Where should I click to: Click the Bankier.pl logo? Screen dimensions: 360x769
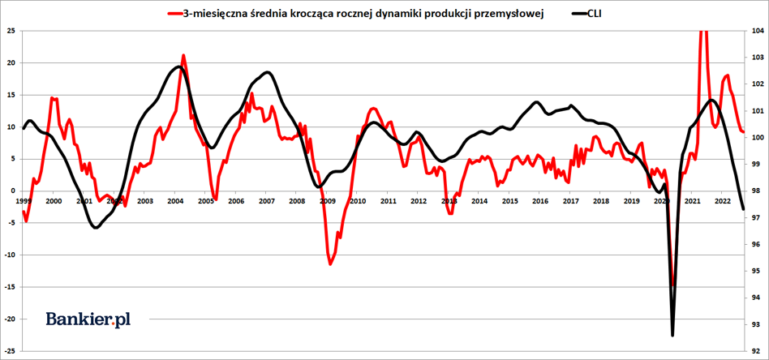[x=88, y=319]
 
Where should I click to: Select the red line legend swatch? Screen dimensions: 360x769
[x=174, y=13]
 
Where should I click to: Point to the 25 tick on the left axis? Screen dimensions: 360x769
[x=11, y=31]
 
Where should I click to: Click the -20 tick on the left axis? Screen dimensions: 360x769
[x=10, y=319]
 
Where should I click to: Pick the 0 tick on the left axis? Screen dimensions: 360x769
[x=13, y=191]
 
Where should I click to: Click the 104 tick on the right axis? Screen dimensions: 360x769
[x=758, y=31]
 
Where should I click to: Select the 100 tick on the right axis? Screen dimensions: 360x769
[x=758, y=138]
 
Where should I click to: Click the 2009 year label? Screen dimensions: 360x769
[x=327, y=201]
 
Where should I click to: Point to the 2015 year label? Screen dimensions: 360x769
[x=509, y=201]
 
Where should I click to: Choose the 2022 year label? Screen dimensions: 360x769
[x=723, y=201]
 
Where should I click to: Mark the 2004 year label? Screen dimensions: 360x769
[x=174, y=201]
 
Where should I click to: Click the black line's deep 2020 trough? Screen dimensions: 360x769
[x=672, y=334]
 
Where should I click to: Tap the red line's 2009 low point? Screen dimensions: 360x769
[x=330, y=264]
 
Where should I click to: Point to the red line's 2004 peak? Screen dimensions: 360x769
[x=183, y=56]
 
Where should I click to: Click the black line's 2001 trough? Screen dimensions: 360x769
[x=96, y=228]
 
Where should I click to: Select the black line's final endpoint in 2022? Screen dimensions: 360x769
[x=743, y=209]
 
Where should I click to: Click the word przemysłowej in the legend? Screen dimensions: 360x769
[x=509, y=13]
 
